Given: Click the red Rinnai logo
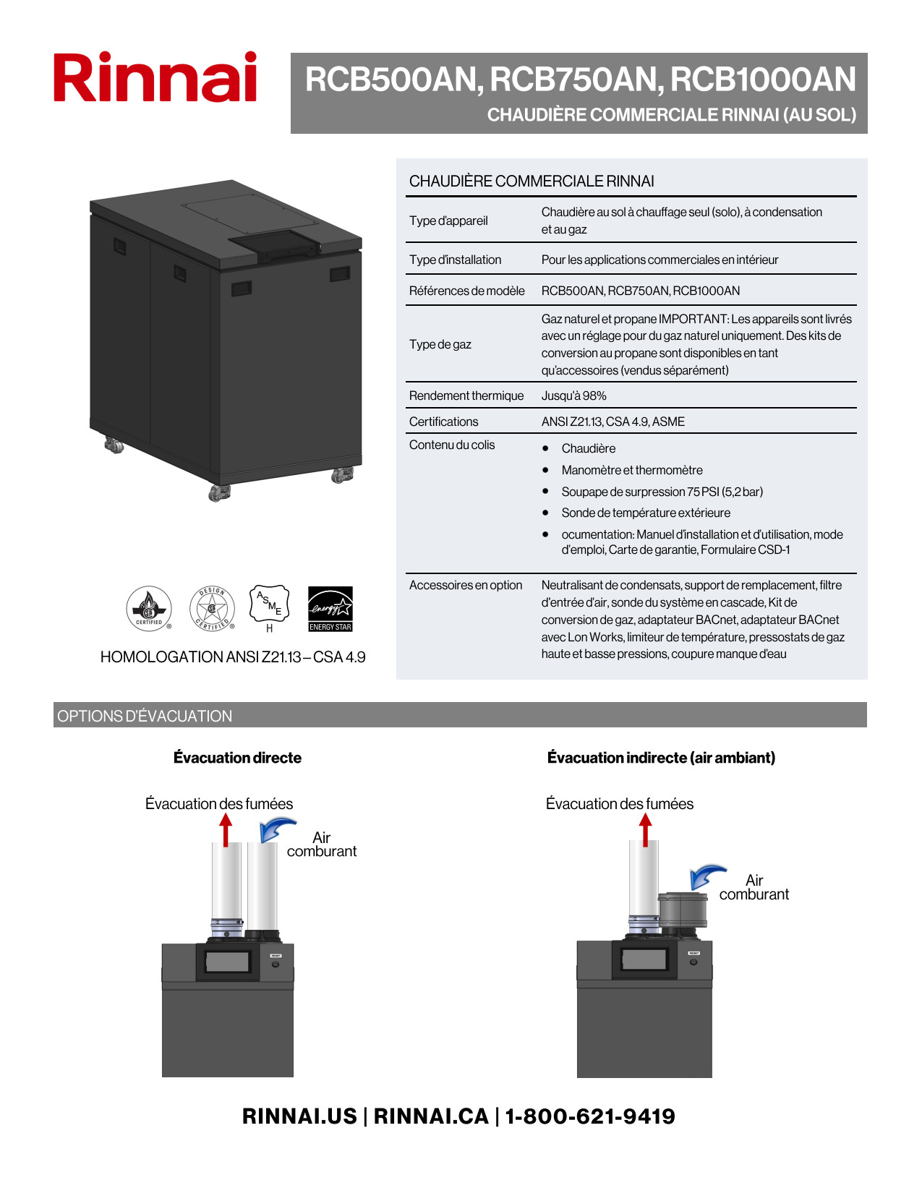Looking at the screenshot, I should coord(155,77).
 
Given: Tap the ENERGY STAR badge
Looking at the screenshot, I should coord(330,609).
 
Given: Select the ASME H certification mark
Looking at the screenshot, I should coord(269,606).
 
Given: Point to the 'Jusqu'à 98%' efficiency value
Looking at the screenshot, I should coord(574,395).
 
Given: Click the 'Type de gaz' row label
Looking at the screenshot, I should coord(440,344).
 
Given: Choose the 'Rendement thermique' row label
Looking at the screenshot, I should coord(466,395).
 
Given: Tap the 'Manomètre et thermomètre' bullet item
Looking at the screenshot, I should coord(632,470).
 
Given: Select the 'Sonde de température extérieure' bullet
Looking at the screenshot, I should coord(646,513).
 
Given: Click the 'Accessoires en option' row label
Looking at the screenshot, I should coord(466,585).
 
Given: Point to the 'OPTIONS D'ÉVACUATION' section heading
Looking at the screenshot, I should coord(145,716).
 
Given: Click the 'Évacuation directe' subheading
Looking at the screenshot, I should coord(237,758).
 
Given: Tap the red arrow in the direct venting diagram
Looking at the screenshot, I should coord(226,829).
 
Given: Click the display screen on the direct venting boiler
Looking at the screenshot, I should coord(228,962).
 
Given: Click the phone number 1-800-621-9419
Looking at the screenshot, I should coord(590,1116).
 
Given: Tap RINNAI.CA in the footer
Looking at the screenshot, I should coord(431,1116).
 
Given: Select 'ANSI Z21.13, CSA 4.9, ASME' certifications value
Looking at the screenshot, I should coord(613,422).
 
